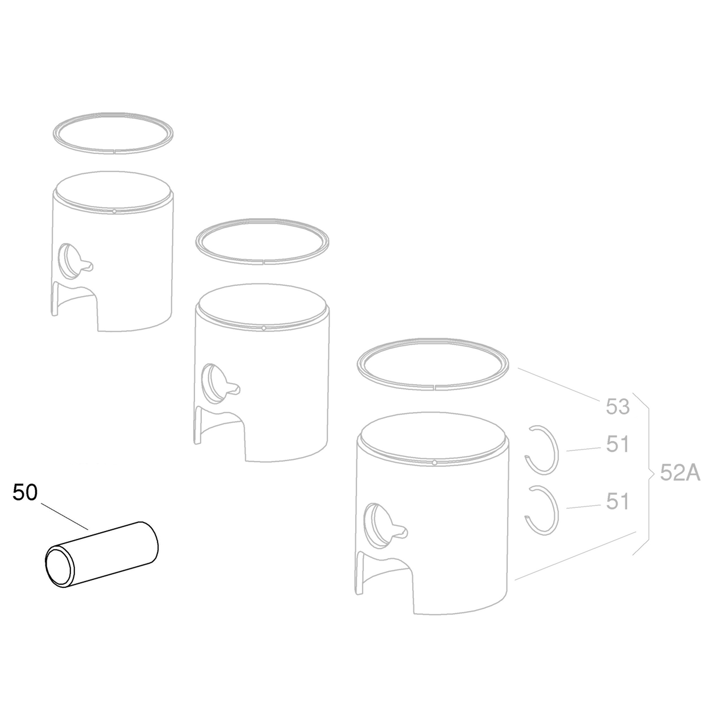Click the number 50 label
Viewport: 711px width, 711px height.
(x=25, y=493)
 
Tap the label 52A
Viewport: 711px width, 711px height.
(x=680, y=473)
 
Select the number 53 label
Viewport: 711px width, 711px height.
(x=617, y=407)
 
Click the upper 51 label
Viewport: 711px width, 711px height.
(x=617, y=445)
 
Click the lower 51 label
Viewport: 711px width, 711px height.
(x=617, y=502)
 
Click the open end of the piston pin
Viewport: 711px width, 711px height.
(x=60, y=567)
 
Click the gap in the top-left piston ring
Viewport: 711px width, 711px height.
(x=114, y=150)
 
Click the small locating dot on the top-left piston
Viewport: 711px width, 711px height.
(x=114, y=211)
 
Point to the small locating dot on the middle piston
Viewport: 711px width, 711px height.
(x=263, y=328)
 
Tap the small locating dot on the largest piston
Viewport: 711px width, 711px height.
(x=434, y=463)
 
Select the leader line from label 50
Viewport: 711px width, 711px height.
(x=64, y=516)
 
